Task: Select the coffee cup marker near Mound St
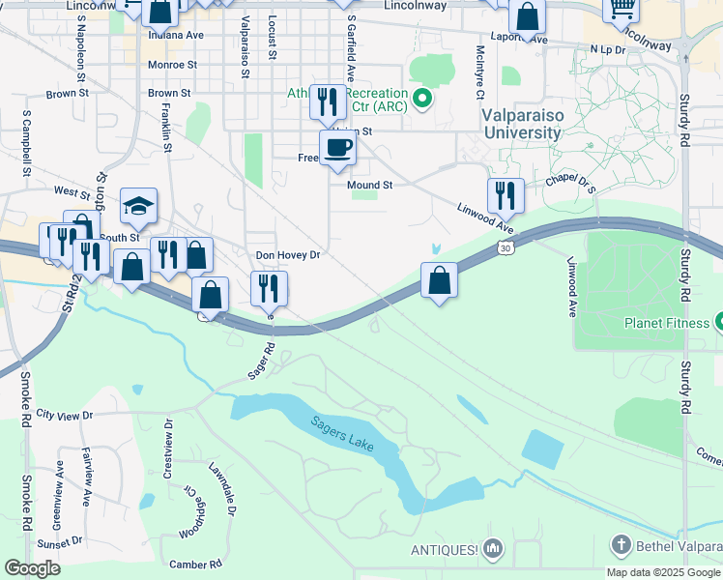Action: click(337, 148)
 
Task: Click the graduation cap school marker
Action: click(139, 205)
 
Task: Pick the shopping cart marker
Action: click(621, 9)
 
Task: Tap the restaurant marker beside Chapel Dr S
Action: click(506, 195)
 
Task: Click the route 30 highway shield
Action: click(505, 248)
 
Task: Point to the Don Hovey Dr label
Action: click(287, 255)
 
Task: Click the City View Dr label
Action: click(64, 415)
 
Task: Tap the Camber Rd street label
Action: click(196, 564)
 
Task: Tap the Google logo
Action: click(32, 568)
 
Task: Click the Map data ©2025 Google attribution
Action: click(663, 572)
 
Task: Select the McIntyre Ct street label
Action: click(479, 72)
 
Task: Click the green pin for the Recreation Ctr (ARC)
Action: click(421, 98)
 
